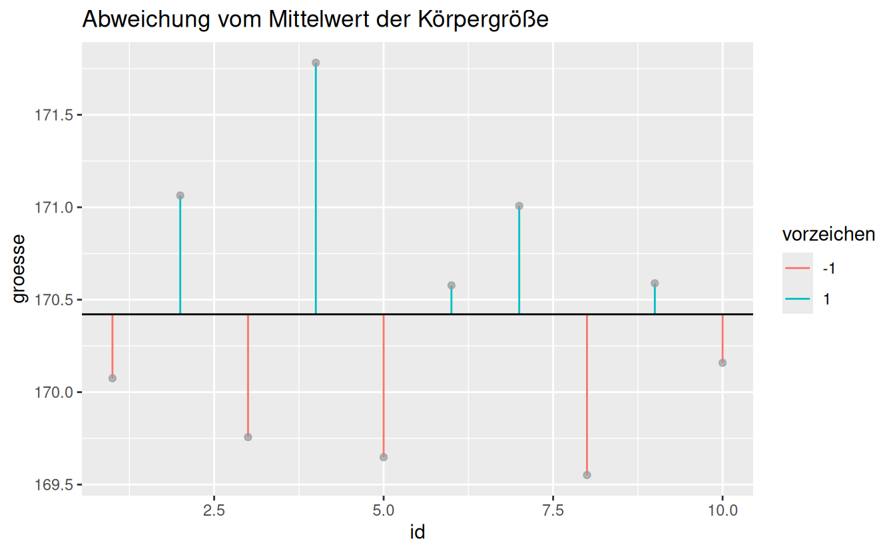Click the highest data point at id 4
pos(316,63)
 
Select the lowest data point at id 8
pos(587,475)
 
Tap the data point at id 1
pos(113,378)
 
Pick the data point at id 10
pos(723,362)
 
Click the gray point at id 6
pos(451,285)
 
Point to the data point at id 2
pos(180,195)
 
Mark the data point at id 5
pos(384,457)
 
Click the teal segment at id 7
pos(519,260)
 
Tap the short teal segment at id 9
pos(655,298)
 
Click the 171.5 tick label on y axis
pos(55,115)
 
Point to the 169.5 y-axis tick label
pos(55,484)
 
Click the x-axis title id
pos(418,533)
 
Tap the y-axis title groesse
pos(20,269)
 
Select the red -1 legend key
pos(797,268)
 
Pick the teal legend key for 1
pos(797,299)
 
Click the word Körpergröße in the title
pos(483,20)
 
